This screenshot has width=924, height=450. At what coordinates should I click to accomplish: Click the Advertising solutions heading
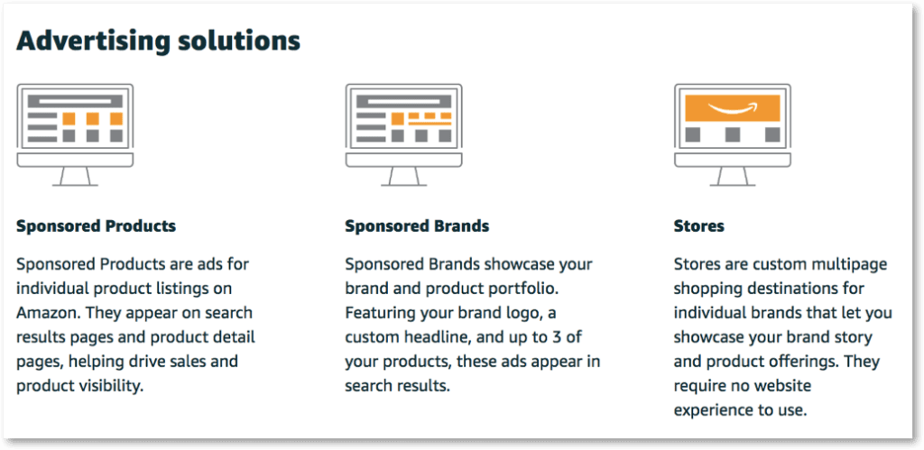[158, 41]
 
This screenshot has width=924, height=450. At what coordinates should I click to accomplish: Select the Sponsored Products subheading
[96, 225]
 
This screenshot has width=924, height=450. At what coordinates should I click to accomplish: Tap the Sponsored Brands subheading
[417, 225]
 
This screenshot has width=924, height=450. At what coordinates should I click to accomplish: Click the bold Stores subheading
[698, 225]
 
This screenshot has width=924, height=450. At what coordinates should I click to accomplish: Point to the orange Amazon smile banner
[732, 109]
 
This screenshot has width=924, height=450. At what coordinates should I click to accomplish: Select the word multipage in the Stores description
[847, 264]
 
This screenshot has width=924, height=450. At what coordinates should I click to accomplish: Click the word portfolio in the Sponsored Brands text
[533, 289]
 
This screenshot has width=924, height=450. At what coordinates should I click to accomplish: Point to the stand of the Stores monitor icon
[732, 177]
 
